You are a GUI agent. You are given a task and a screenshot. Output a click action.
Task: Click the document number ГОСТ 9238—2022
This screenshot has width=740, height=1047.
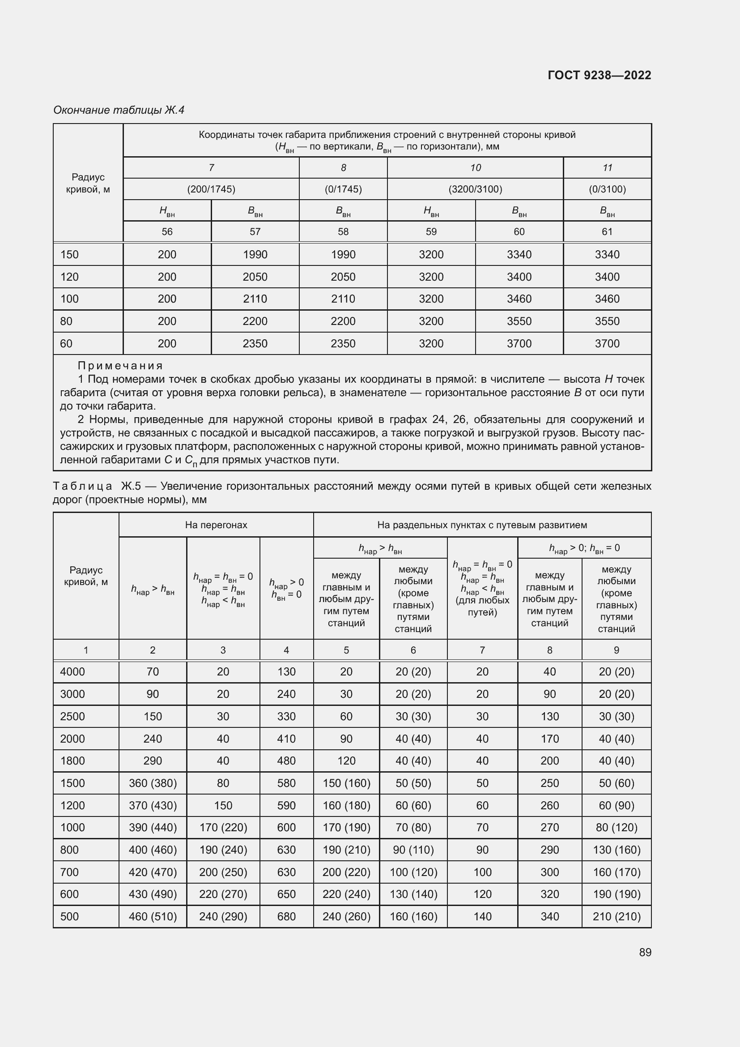[x=599, y=75]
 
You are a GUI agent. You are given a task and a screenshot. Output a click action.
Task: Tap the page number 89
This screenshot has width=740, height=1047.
[x=645, y=953]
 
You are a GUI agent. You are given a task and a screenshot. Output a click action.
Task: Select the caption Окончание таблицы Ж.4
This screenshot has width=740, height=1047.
[x=119, y=110]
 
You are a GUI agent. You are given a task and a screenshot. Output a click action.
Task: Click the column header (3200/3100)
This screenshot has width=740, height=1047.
[x=475, y=189]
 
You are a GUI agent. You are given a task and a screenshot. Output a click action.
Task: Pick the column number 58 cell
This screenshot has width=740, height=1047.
[x=343, y=232]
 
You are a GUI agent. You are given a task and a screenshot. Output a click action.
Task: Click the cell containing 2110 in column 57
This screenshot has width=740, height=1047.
[x=255, y=299]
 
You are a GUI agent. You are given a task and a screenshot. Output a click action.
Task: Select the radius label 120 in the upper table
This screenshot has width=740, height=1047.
[x=69, y=277]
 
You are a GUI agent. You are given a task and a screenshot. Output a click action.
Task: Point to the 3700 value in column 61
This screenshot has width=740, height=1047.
[x=607, y=344]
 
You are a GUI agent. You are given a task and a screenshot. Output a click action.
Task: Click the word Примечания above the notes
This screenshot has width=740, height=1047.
[x=120, y=366]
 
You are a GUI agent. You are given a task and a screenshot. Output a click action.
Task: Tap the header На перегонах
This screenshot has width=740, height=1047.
[x=216, y=525]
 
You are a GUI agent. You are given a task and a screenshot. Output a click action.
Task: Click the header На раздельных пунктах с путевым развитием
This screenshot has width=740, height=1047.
[x=482, y=525]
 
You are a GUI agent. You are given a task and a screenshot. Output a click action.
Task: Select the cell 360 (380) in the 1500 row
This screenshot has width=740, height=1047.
[x=153, y=783]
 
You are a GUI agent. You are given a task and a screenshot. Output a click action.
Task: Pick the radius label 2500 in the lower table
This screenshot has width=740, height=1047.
[x=72, y=716]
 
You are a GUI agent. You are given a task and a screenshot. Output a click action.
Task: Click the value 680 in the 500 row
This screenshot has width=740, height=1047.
[x=286, y=917]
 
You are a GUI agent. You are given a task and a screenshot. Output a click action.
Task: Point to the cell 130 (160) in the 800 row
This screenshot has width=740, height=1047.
[x=616, y=850]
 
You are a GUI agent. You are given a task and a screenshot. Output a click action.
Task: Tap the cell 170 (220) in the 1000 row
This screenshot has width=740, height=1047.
[x=223, y=828]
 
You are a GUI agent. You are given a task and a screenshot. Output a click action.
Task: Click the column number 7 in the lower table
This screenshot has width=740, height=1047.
[x=482, y=650]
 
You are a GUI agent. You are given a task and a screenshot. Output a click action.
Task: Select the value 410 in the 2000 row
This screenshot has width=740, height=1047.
[x=286, y=739]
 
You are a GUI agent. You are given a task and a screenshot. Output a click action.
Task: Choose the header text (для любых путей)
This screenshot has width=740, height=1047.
[x=482, y=606]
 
